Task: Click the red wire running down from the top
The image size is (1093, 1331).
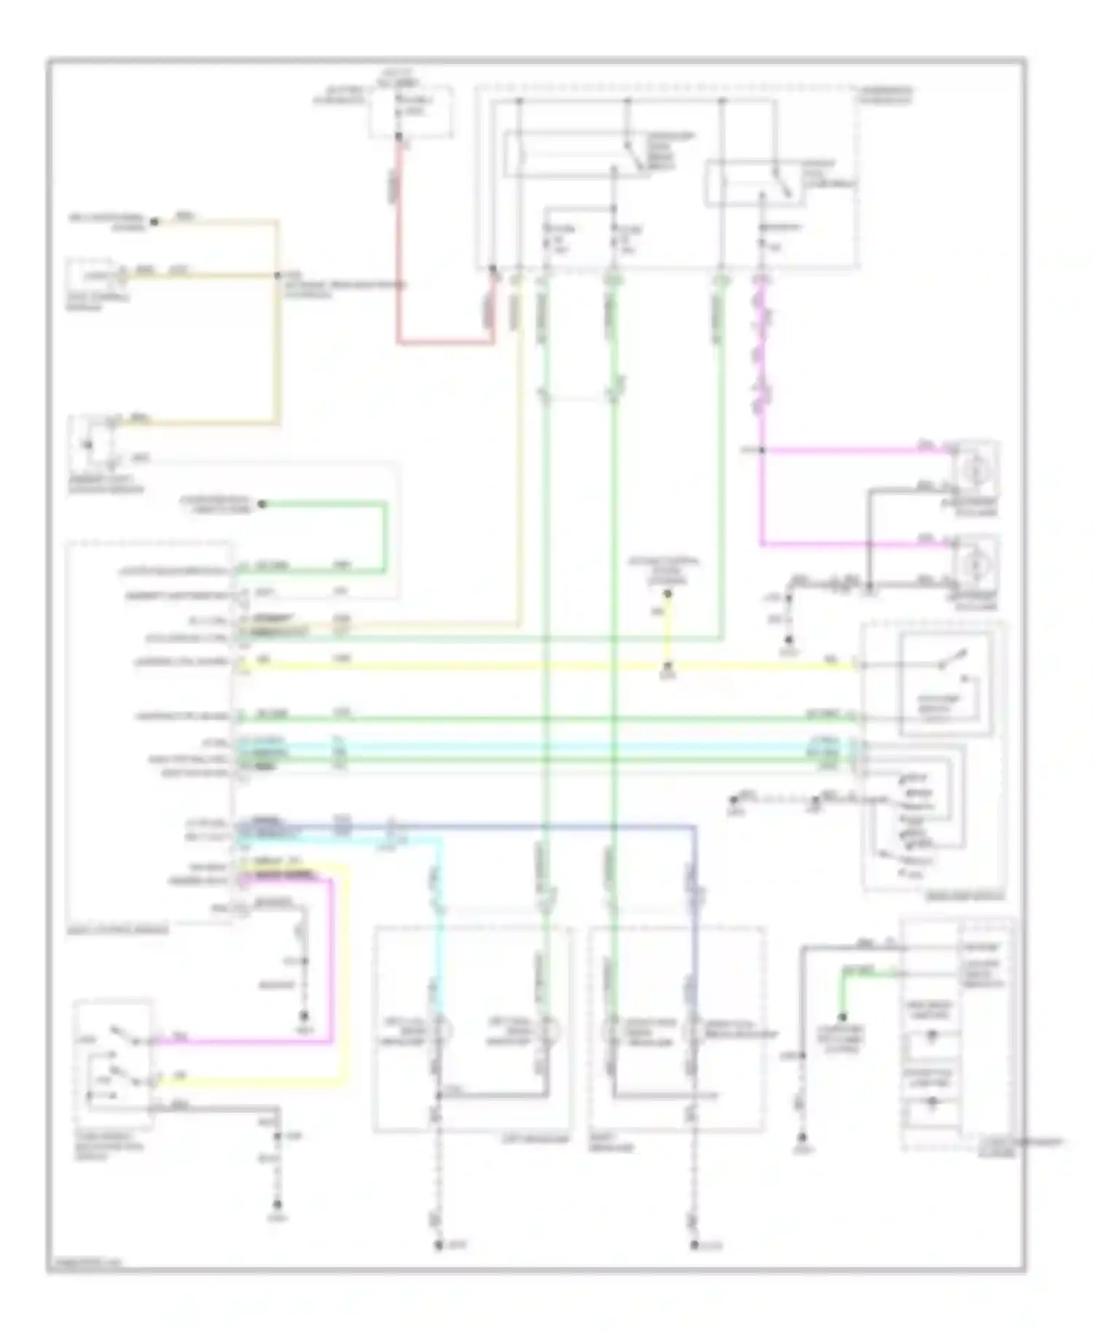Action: pos(399,240)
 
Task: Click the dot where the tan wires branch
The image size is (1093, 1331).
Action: pos(278,275)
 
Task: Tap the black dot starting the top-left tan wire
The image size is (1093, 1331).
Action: pos(154,221)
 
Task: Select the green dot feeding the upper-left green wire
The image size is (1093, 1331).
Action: pos(262,504)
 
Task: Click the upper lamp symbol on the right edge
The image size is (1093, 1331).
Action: pos(973,470)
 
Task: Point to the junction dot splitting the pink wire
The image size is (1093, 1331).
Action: pos(761,450)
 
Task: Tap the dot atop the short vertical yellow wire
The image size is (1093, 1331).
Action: pos(667,593)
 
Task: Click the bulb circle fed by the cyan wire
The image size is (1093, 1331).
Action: pos(441,1031)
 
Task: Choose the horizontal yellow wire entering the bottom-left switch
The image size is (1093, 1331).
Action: pos(248,1083)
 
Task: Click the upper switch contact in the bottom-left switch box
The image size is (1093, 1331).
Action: pos(117,1032)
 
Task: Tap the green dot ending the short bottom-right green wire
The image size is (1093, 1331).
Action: pos(842,1017)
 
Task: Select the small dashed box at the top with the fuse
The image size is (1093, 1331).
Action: pos(410,111)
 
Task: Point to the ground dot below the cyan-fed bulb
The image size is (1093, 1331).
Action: pos(439,1246)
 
